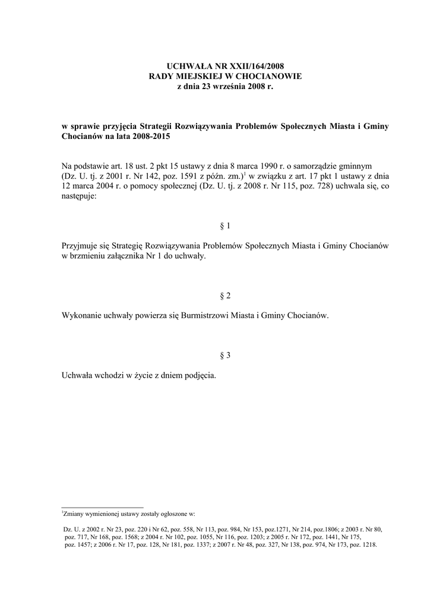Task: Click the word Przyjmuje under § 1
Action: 81,245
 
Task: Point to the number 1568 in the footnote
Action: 132,536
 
